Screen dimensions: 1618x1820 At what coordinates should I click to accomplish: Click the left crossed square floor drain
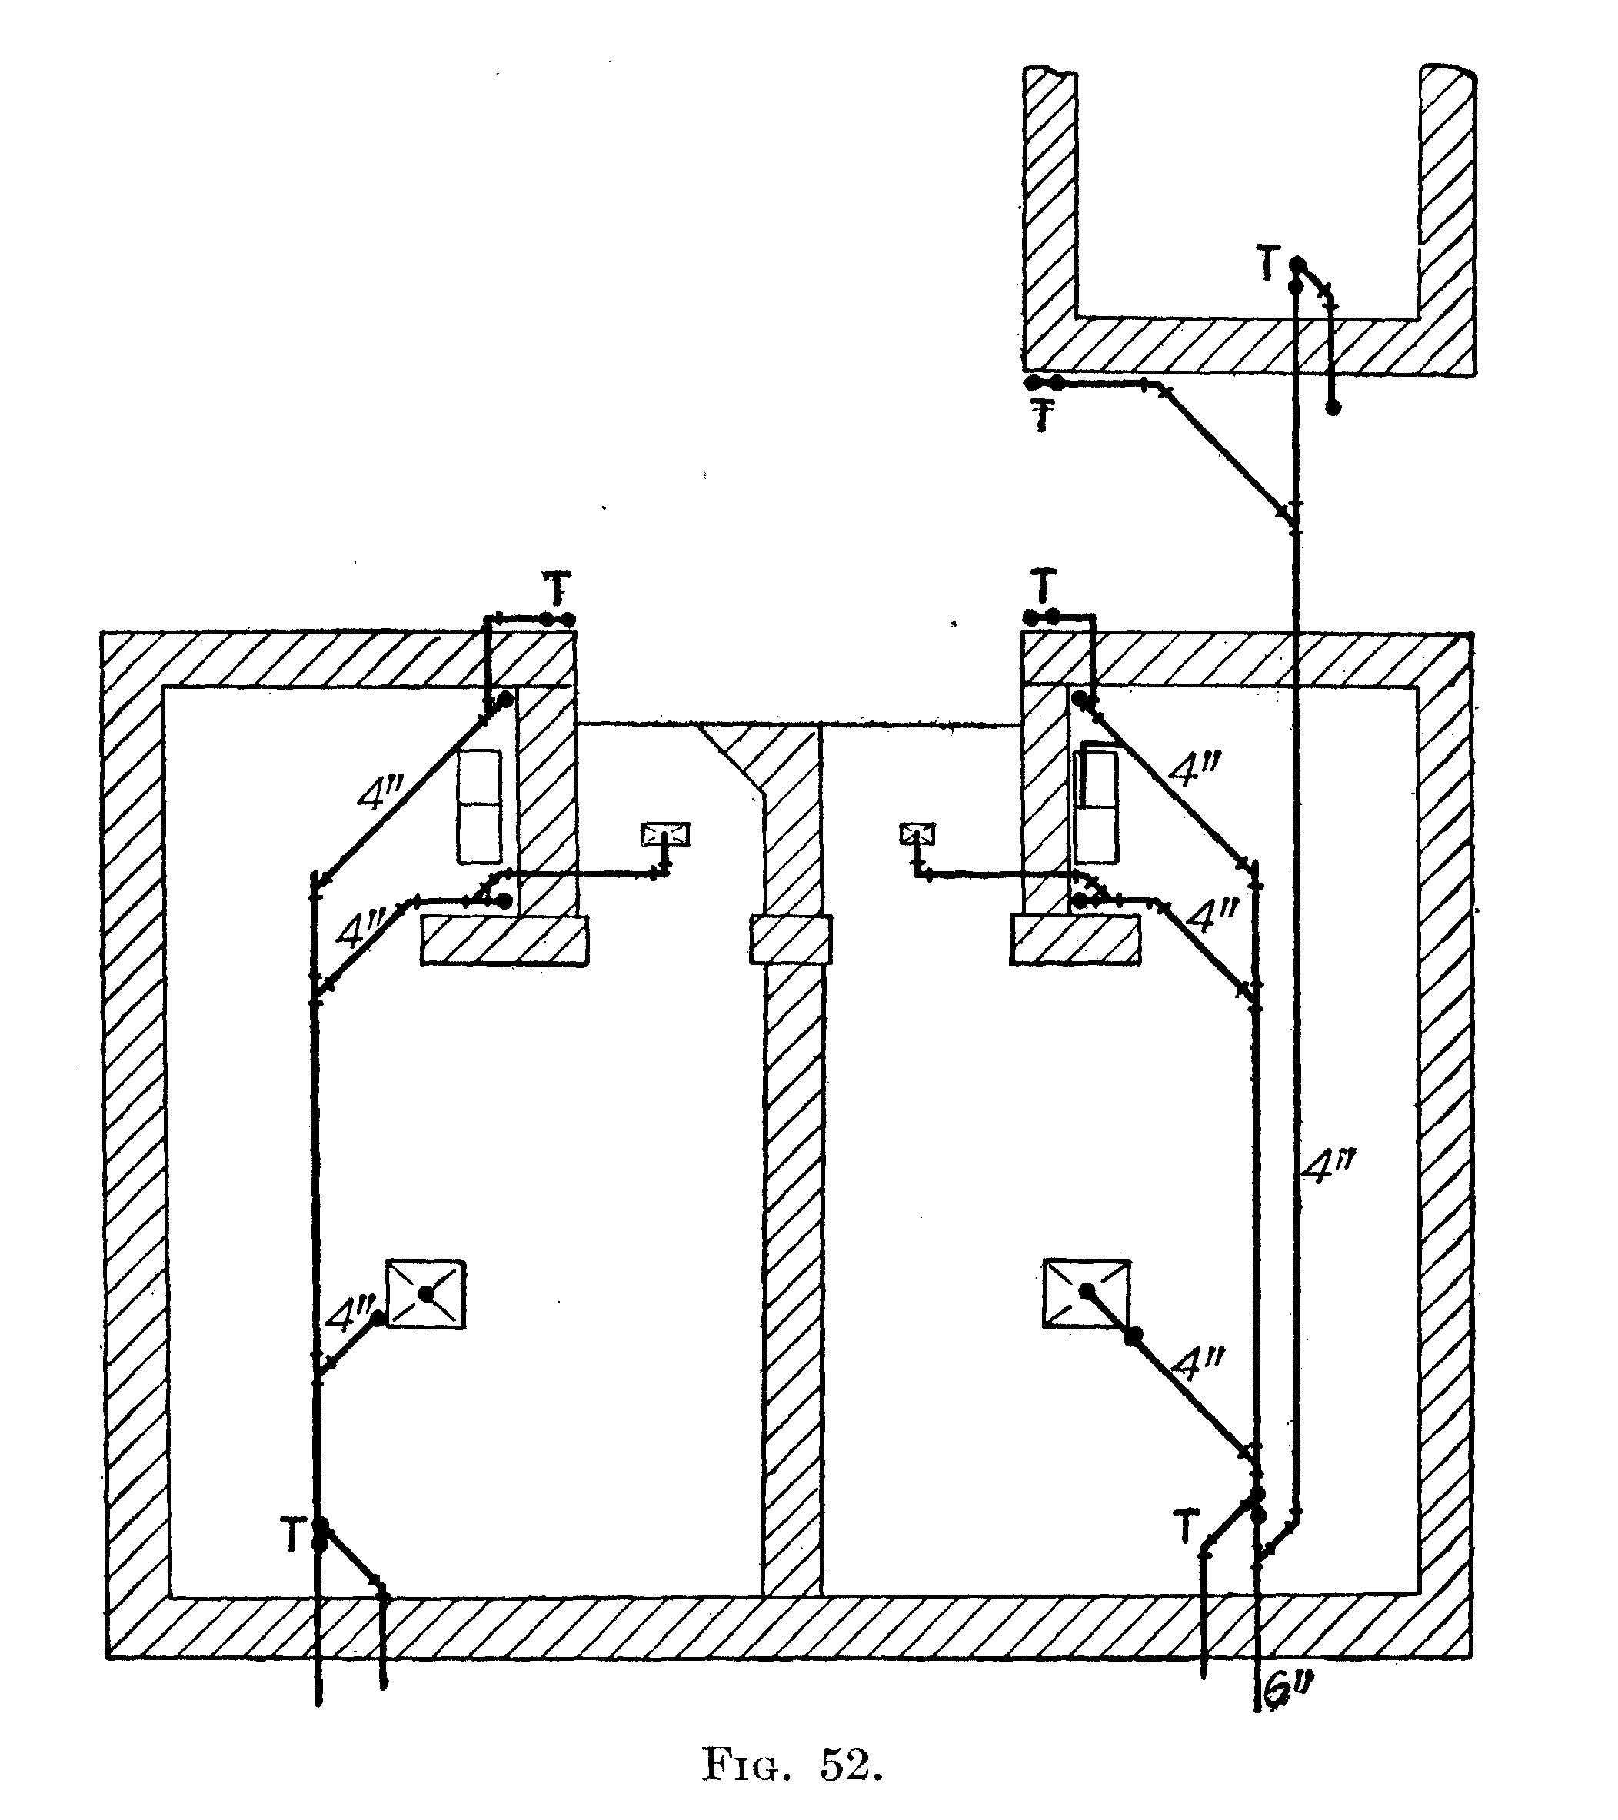[426, 1294]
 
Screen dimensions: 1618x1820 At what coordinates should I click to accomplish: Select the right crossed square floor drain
[1087, 1294]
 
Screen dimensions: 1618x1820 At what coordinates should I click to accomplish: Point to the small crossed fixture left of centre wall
[666, 834]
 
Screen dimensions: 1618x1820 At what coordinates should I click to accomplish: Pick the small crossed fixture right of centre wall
[917, 834]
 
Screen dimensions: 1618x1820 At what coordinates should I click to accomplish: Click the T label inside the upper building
[1270, 265]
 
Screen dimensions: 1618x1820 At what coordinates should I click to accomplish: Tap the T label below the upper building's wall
[1042, 417]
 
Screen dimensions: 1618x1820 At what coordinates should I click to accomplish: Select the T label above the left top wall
[557, 587]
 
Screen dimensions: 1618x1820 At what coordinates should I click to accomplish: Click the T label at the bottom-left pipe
[293, 1536]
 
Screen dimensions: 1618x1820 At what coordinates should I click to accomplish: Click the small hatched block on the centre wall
[791, 940]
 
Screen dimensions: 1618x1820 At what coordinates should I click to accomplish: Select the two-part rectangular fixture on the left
[480, 807]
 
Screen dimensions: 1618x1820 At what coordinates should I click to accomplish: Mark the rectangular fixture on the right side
[1095, 804]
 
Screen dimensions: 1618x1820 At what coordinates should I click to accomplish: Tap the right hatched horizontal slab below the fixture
[1076, 940]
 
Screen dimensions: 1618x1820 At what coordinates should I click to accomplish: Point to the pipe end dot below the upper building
[1333, 407]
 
